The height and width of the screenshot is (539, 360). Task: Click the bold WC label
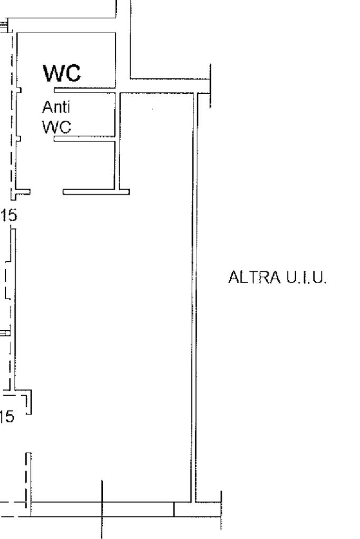(x=62, y=73)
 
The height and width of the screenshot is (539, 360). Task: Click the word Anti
(x=56, y=107)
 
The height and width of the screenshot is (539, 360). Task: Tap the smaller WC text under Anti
(x=56, y=127)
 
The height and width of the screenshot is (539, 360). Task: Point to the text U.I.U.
(x=307, y=278)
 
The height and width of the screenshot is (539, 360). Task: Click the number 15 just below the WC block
(x=9, y=215)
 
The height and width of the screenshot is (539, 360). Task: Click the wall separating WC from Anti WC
(x=84, y=90)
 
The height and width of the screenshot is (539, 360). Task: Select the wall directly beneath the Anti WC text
(x=84, y=139)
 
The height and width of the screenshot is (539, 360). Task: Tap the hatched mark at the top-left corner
(x=4, y=25)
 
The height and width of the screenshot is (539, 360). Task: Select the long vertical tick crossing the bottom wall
(x=102, y=508)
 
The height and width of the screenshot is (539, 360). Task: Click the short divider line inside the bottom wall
(x=174, y=509)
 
